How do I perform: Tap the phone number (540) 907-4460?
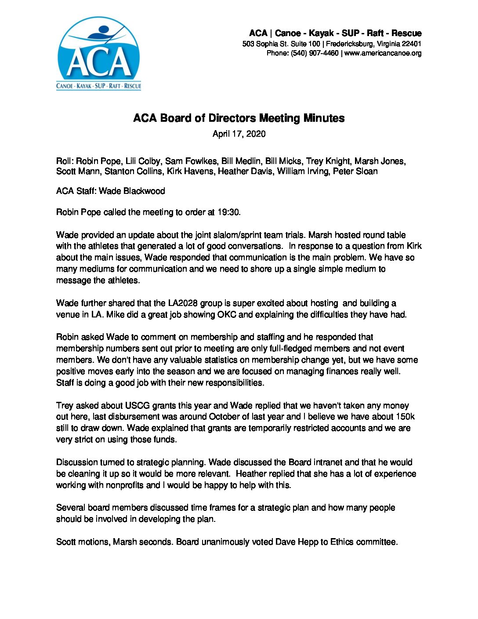coord(315,53)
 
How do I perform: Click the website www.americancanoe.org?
coord(383,53)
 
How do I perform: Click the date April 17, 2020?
coord(239,134)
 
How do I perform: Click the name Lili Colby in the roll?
coord(143,161)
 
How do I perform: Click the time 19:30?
coord(228,212)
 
